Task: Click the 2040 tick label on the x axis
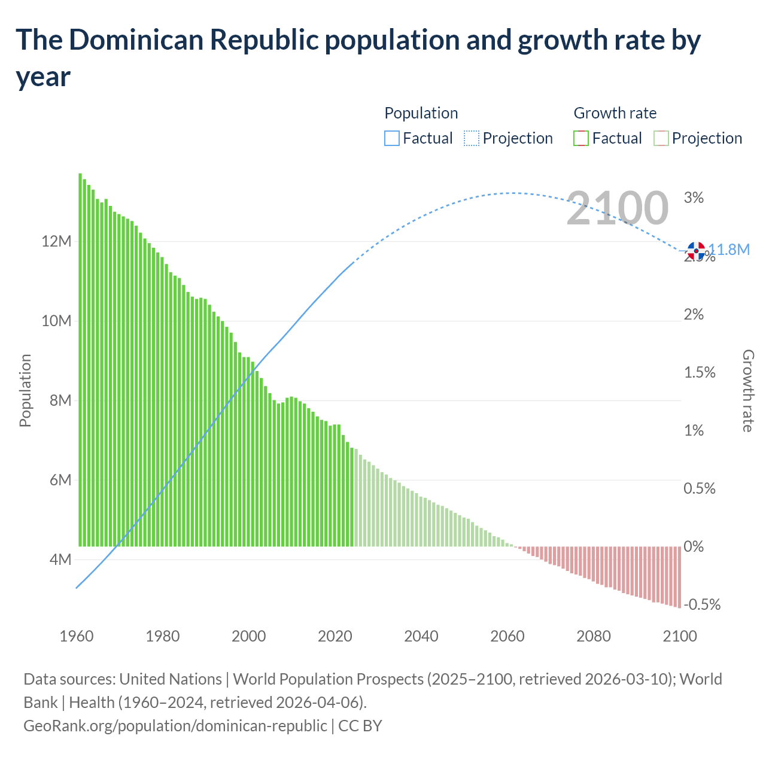(421, 636)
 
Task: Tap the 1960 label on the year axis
(77, 636)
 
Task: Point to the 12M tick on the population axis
(56, 242)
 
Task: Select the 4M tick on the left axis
(60, 560)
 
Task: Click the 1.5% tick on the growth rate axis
(700, 372)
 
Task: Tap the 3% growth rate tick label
(694, 197)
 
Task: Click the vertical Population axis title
(25, 390)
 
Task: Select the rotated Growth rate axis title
(747, 390)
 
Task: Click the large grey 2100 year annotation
(617, 208)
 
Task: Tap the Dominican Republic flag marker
(696, 251)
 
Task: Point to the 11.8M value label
(729, 250)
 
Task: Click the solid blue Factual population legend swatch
(391, 138)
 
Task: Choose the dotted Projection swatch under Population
(472, 138)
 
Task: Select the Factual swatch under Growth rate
(581, 138)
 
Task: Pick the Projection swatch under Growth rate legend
(661, 138)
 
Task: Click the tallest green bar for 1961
(80, 359)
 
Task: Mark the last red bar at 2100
(679, 577)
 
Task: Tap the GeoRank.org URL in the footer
(175, 725)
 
